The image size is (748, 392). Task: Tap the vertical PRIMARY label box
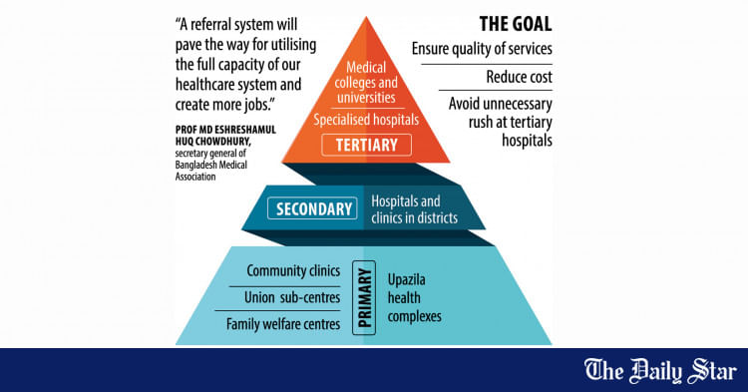[x=364, y=297]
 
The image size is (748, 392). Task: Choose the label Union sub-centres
[x=292, y=297]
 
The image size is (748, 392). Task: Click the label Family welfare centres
[x=283, y=323]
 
